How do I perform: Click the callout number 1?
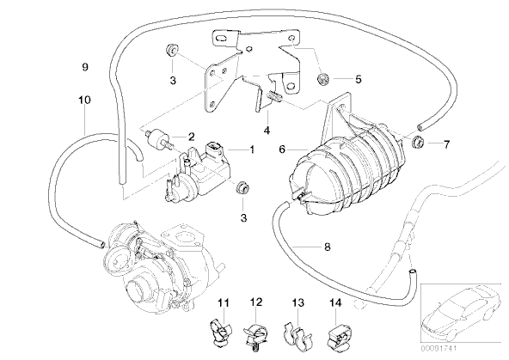(x=252, y=149)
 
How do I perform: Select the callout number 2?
(x=191, y=137)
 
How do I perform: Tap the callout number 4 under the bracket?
(x=267, y=130)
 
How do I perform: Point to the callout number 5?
(x=358, y=79)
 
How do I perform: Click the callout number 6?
(x=282, y=149)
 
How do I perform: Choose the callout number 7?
(x=447, y=144)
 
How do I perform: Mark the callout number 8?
(x=328, y=247)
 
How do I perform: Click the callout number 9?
(x=85, y=67)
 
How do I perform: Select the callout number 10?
(x=84, y=100)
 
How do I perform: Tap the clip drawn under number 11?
(x=220, y=331)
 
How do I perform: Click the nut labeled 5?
(x=322, y=79)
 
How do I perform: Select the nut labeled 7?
(x=419, y=142)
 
